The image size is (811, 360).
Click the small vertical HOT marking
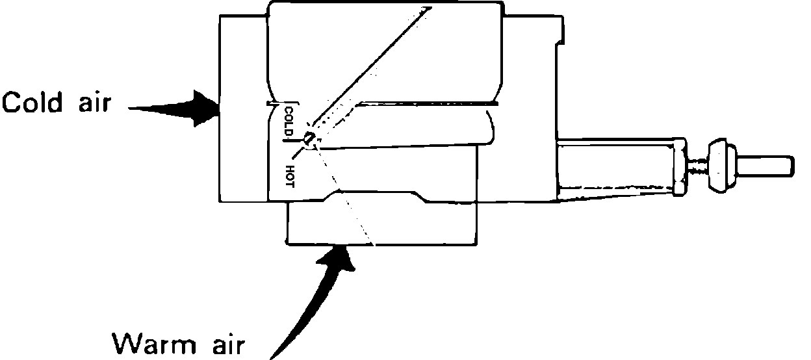[289, 175]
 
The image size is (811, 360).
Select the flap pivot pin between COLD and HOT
[309, 138]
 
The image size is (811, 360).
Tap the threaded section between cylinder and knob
[697, 165]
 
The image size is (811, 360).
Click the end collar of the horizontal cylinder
[679, 166]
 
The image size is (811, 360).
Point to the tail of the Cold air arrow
[133, 109]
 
